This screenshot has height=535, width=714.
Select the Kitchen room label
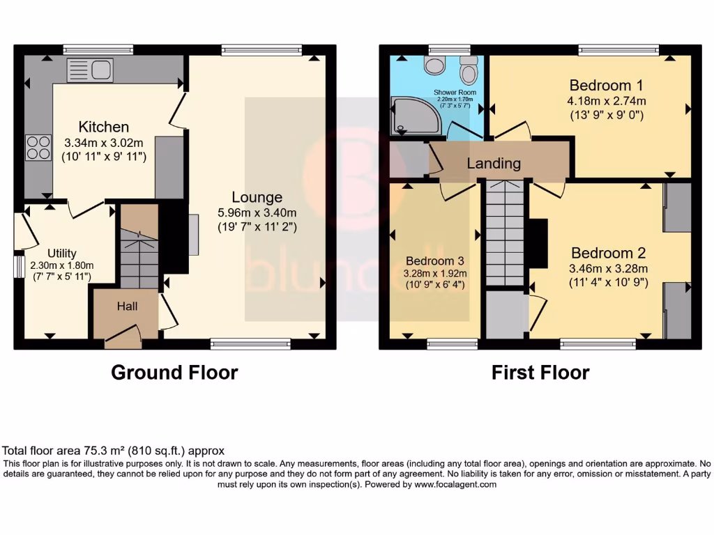(x=104, y=127)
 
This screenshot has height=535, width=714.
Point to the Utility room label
(x=62, y=253)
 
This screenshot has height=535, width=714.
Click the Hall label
(x=127, y=306)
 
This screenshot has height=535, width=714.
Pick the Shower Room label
(x=455, y=92)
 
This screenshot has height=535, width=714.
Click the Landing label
(x=494, y=164)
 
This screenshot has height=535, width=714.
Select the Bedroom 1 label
(x=606, y=86)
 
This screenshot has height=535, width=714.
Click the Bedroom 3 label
(x=435, y=261)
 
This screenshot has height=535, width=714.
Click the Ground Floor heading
(x=174, y=373)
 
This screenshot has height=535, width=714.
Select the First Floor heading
(x=540, y=373)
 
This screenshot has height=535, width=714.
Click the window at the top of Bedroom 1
(x=618, y=49)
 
